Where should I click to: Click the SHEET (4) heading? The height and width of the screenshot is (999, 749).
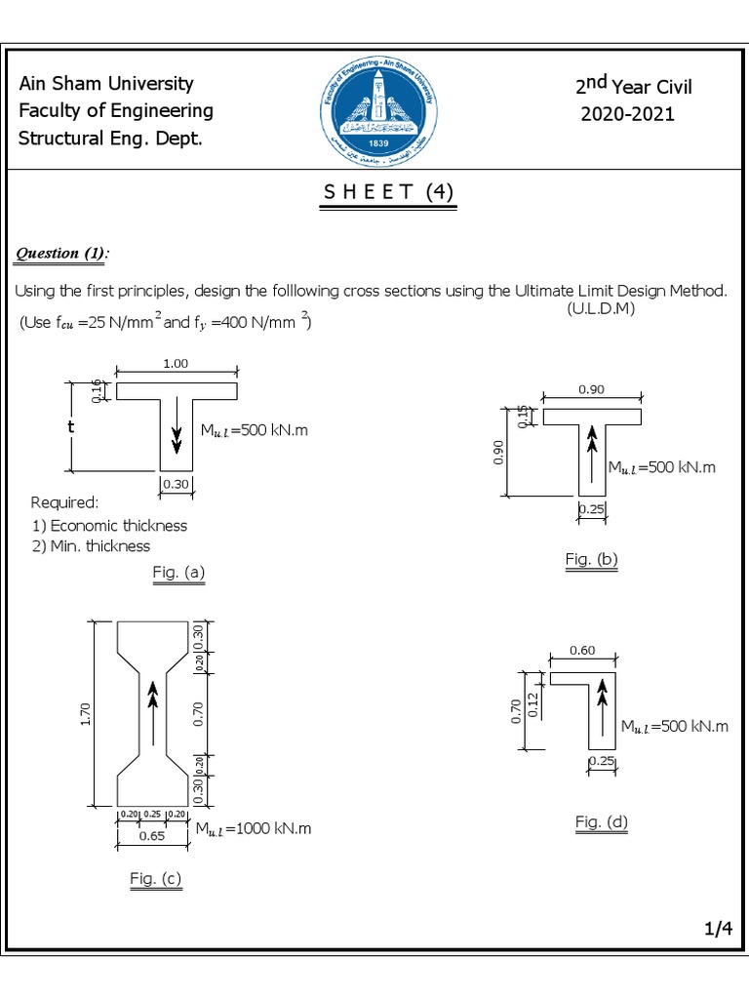(388, 192)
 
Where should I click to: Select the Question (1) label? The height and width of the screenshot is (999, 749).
(61, 254)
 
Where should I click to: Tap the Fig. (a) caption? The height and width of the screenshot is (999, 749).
(178, 573)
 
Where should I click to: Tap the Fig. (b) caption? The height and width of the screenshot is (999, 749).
(592, 559)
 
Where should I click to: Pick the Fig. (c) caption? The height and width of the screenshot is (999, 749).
(156, 879)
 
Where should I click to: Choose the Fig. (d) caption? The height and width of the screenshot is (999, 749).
(602, 822)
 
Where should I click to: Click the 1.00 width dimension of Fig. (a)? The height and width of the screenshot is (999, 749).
(176, 363)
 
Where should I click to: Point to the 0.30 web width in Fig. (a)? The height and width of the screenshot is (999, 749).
(177, 484)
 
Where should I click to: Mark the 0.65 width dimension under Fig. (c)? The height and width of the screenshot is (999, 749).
(149, 835)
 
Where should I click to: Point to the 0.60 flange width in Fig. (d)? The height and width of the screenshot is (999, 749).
(582, 651)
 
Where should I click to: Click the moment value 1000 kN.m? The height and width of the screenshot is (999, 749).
(254, 829)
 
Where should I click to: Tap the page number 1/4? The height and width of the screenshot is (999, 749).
(718, 931)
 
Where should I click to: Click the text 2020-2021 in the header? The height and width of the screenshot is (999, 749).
(627, 114)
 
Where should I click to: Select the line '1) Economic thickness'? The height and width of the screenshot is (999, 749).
(109, 525)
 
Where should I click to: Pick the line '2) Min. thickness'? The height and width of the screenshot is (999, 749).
(92, 546)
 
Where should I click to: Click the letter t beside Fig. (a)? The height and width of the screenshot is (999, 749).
(71, 427)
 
